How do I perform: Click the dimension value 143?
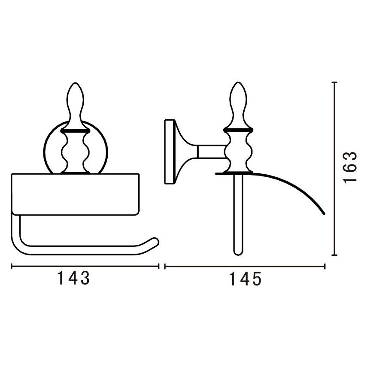tap(73, 278)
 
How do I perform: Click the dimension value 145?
tap(245, 279)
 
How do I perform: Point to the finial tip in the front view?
tap(75, 83)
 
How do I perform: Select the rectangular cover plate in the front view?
tap(76, 194)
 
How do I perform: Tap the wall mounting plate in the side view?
tap(170, 152)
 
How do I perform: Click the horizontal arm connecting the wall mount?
tap(212, 152)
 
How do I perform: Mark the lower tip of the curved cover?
tap(324, 214)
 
